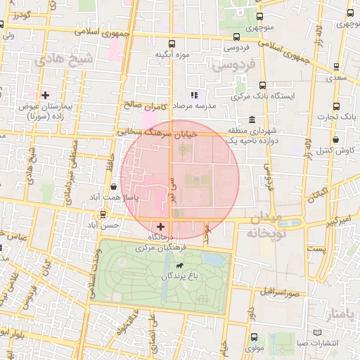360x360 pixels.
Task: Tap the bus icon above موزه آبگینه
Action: (x=172, y=43)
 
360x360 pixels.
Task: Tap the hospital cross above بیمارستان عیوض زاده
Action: (x=46, y=94)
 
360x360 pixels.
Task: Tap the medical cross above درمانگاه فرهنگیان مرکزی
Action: (x=162, y=226)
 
